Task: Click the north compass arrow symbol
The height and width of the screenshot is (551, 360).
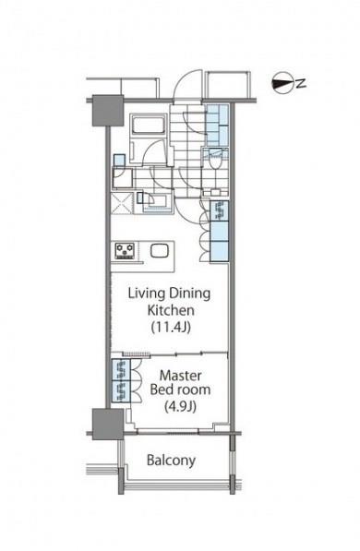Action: [x=282, y=83]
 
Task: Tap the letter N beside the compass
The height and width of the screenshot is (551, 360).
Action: [x=301, y=83]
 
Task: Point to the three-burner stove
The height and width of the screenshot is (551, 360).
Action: [x=125, y=251]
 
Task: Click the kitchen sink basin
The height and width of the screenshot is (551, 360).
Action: [x=160, y=251]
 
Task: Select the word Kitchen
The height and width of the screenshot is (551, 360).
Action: [x=171, y=310]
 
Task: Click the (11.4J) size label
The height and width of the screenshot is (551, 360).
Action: [x=171, y=328]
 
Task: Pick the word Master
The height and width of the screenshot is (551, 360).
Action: [x=180, y=376]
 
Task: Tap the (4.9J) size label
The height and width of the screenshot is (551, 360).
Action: [x=180, y=407]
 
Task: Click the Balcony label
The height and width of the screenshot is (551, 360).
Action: [x=171, y=460]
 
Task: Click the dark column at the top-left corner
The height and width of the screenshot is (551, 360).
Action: [x=108, y=111]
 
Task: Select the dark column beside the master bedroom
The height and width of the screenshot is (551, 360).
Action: [x=108, y=424]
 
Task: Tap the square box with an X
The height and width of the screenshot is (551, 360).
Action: [x=123, y=203]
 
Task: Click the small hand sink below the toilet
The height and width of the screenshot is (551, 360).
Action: [x=214, y=192]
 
